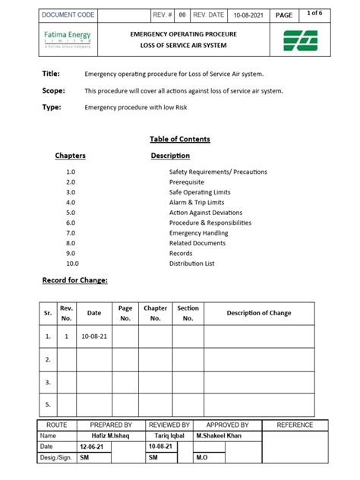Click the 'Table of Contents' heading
click(179, 139)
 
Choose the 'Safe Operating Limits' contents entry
click(201, 193)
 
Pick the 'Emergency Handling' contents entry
click(199, 233)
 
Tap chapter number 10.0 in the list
click(72, 264)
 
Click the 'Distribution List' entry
click(191, 264)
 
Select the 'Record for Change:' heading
click(74, 281)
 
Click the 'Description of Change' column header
click(258, 313)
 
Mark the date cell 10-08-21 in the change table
click(94, 335)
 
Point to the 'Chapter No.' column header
click(156, 313)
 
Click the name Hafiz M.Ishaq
click(99, 437)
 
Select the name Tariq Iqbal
click(165, 437)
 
